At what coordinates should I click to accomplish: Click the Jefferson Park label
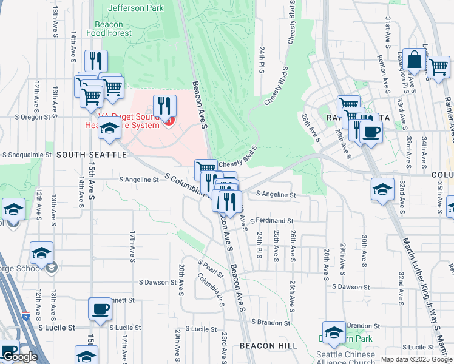click(x=136, y=8)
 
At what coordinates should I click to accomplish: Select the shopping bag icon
click(x=414, y=61)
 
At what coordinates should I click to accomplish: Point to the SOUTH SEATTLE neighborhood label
click(x=92, y=155)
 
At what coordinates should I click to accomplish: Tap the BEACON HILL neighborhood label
click(x=268, y=345)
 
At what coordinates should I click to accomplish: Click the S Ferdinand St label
click(x=271, y=221)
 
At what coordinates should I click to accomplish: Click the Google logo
click(x=20, y=357)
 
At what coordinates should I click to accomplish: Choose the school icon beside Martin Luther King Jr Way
click(x=382, y=189)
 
